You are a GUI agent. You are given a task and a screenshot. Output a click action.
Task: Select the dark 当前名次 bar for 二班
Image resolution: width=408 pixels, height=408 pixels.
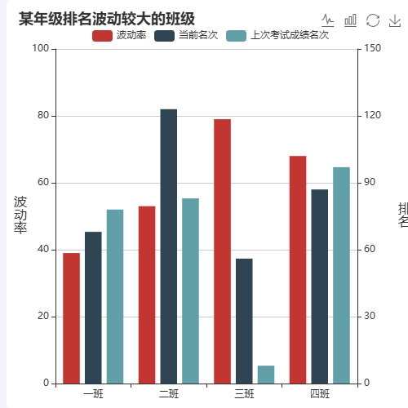tap(169, 246)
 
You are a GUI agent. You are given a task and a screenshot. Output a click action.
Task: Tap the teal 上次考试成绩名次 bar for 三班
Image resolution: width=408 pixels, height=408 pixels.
tap(266, 375)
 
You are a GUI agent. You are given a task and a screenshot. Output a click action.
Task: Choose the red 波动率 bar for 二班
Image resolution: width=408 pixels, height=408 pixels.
tap(147, 295)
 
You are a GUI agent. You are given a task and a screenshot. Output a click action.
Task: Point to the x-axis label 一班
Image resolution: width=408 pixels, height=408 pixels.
tap(93, 395)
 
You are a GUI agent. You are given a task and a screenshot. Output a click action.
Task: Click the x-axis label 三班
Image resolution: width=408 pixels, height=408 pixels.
tap(244, 395)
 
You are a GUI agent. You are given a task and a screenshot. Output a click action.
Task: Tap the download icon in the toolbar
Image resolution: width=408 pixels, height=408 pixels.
tap(395, 20)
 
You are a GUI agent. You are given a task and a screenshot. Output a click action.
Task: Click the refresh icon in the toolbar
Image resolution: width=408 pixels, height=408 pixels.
tap(373, 20)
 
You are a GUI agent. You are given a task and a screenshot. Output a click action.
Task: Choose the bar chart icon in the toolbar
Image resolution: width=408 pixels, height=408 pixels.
tap(351, 20)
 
